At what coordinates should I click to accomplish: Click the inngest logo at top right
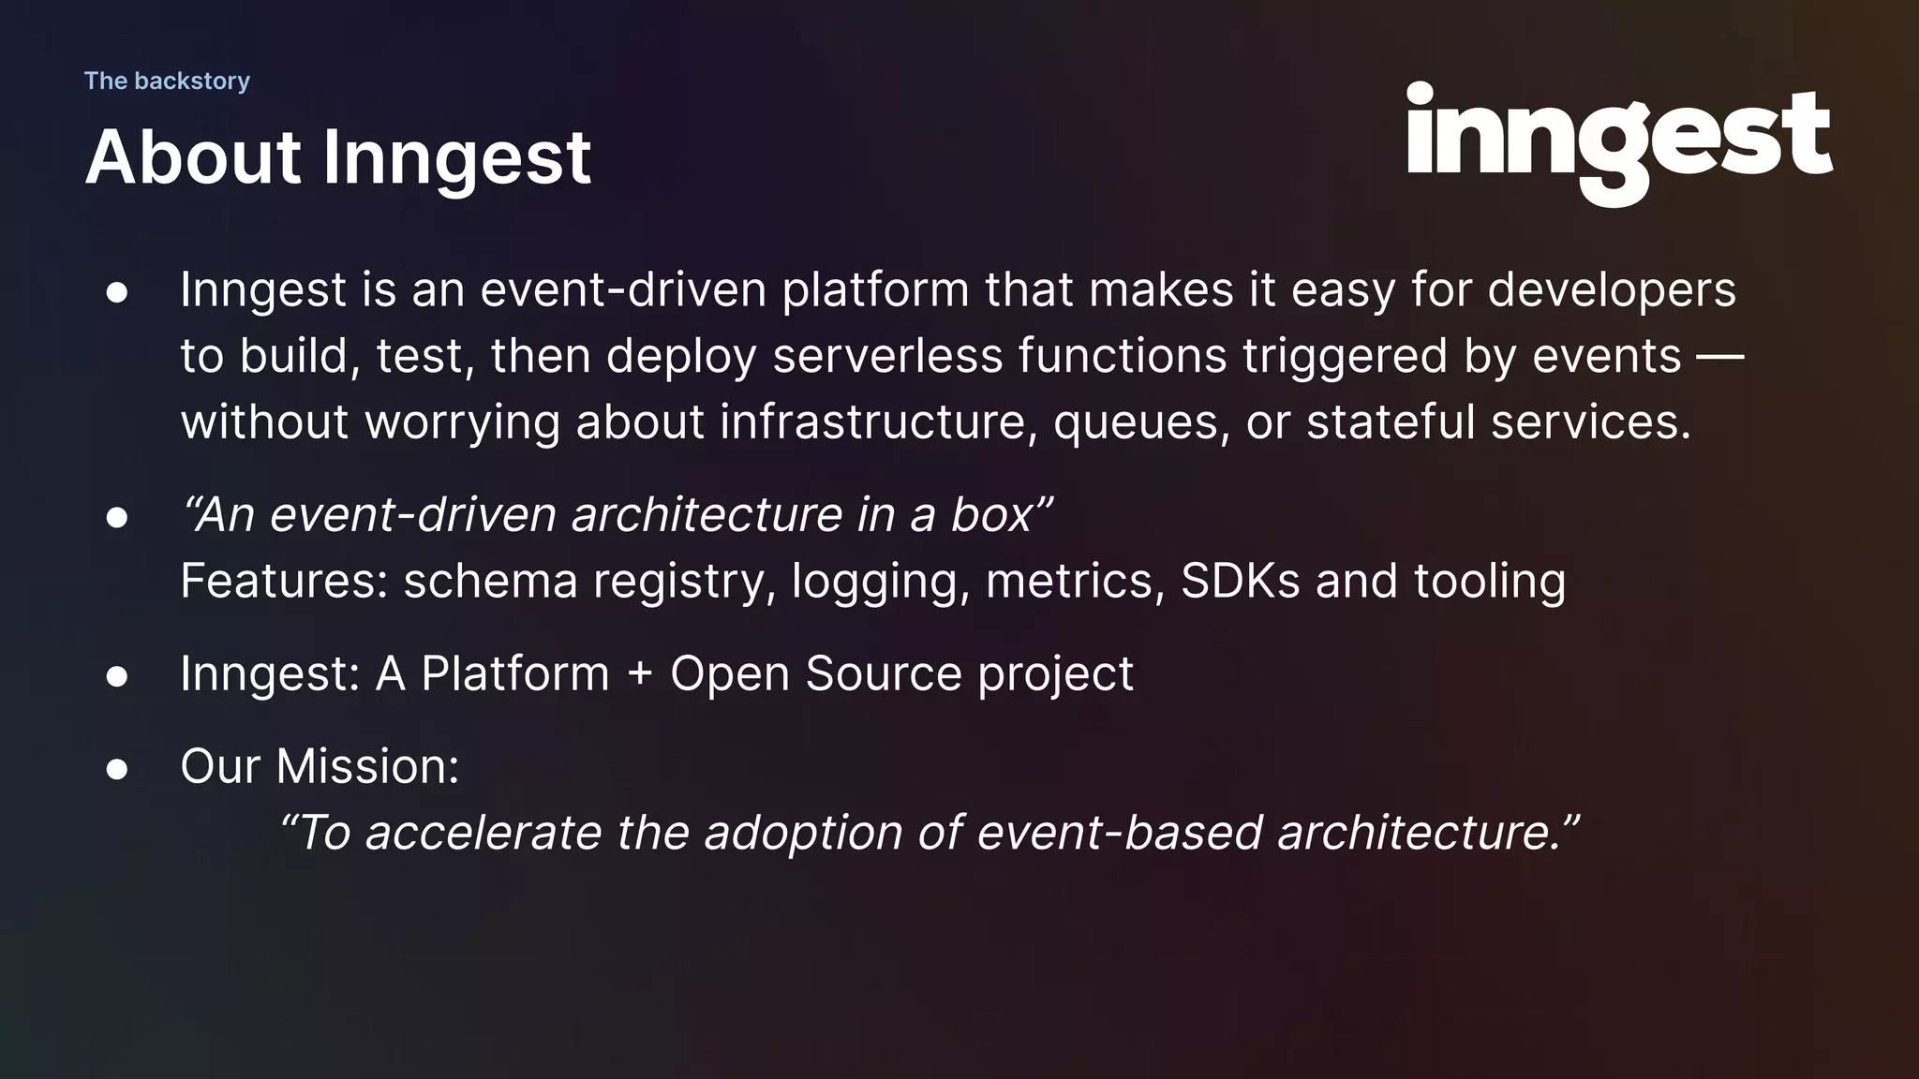coord(1618,140)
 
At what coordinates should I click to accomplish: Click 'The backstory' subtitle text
coord(167,81)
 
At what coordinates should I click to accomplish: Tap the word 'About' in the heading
coord(193,156)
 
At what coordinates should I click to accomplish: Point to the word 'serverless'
coord(887,356)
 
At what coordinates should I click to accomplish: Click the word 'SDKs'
coord(1240,581)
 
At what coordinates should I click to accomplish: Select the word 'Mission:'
coord(367,766)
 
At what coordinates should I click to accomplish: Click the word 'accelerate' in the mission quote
coord(483,833)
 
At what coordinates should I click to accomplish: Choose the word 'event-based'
coord(1119,833)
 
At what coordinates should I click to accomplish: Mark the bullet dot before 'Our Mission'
coord(117,769)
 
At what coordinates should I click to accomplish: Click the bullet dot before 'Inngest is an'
coord(117,292)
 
